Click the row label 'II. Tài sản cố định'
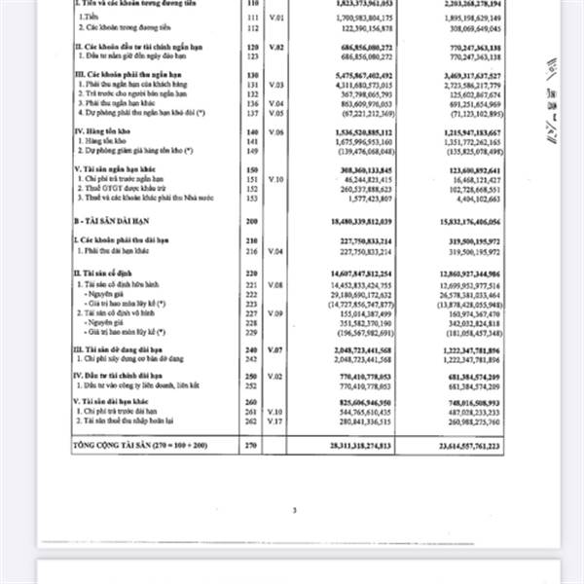click(x=110, y=274)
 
